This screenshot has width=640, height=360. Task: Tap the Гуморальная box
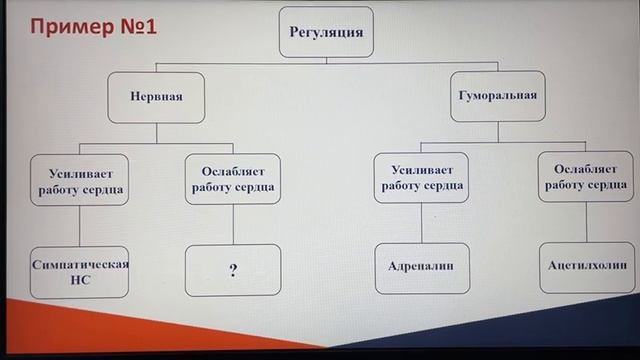[498, 97]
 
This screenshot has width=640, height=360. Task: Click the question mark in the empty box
[233, 270]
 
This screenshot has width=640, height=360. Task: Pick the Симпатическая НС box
[81, 272]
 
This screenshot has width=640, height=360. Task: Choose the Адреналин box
[422, 268]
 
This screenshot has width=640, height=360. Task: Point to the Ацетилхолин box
[586, 267]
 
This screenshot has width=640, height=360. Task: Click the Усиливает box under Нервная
[79, 179]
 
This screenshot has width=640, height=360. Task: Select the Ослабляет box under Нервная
[233, 178]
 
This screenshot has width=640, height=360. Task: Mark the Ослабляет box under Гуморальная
[588, 177]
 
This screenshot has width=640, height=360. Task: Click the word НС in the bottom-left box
[81, 282]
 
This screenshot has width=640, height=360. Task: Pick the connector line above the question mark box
[233, 225]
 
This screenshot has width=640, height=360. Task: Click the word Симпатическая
[81, 264]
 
